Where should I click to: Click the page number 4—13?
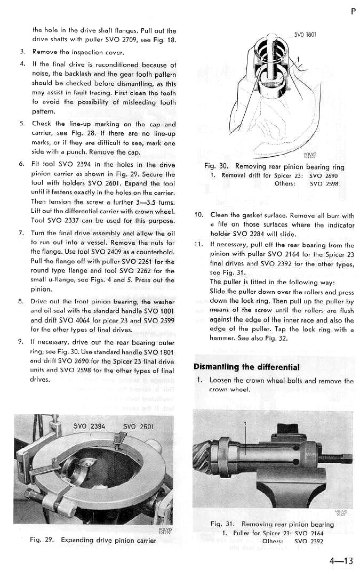point(341,560)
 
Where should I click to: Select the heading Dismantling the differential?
point(246,367)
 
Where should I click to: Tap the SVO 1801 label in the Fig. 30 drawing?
point(306,35)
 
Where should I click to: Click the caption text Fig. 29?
point(42,540)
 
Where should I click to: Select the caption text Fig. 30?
point(217,167)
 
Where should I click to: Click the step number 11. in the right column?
point(198,245)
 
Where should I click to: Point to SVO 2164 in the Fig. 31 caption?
point(309,533)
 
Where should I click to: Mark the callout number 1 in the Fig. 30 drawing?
point(299,59)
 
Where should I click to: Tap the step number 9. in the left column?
point(22,340)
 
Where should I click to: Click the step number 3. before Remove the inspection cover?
point(22,52)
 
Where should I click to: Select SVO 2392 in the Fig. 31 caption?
point(309,541)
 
